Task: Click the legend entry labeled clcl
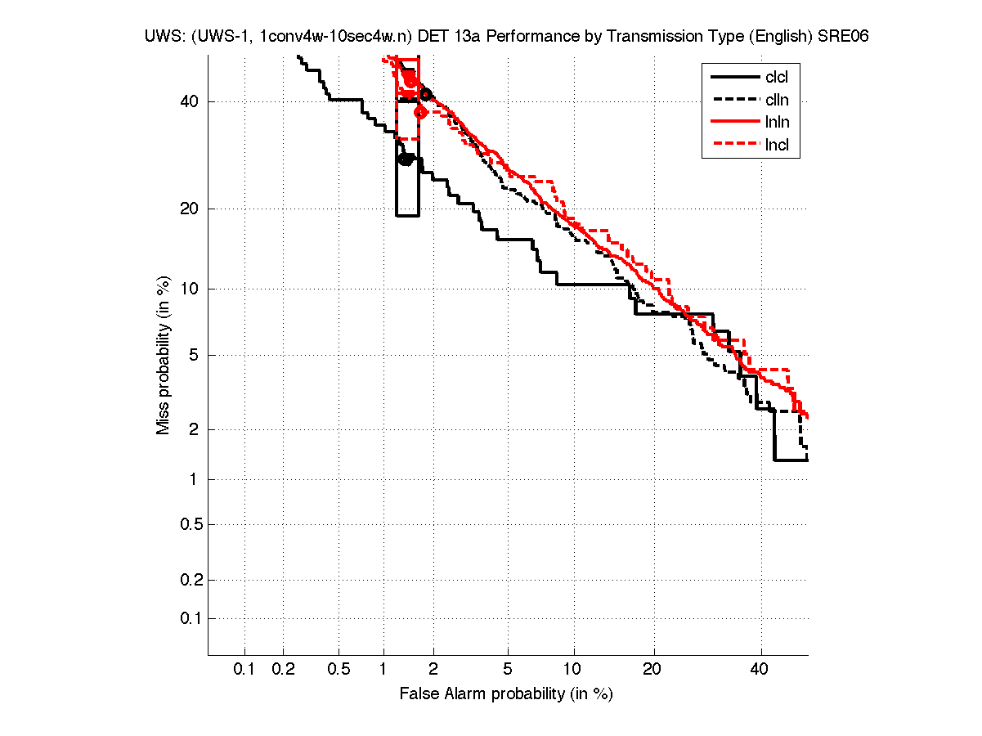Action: click(777, 78)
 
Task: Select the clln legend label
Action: click(777, 100)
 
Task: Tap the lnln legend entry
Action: click(777, 123)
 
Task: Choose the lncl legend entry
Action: click(777, 146)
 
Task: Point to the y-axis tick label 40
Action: click(188, 102)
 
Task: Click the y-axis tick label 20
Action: click(188, 209)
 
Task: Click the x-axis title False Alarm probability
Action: click(506, 694)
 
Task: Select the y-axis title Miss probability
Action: click(164, 355)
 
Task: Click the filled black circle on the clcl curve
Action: click(406, 159)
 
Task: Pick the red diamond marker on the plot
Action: click(420, 112)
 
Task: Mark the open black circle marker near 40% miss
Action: click(426, 95)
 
